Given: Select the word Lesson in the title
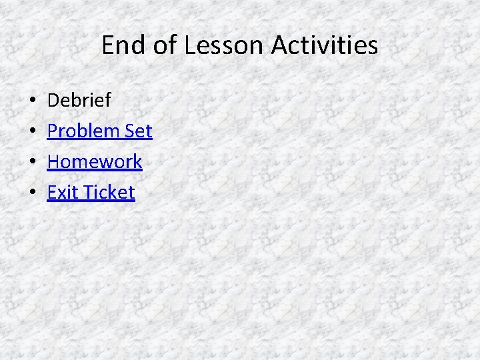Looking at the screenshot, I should coord(225,46).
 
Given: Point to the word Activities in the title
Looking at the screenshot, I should coord(325,46).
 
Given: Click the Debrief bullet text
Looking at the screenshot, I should coord(79,101).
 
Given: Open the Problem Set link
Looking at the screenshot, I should coord(100,131).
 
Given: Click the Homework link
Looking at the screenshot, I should coord(95,162).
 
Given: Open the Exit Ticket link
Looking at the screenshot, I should coord(91,193).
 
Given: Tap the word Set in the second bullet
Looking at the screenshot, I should coord(139,131).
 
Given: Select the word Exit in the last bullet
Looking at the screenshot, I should coord(62,193).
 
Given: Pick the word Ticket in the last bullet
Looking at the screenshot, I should coord(109,193).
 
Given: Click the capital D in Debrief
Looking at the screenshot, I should coord(53,101).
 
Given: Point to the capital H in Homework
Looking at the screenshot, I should coord(54,162).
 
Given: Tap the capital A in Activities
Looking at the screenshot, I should coord(279,46).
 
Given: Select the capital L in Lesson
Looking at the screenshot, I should coord(190,46).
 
